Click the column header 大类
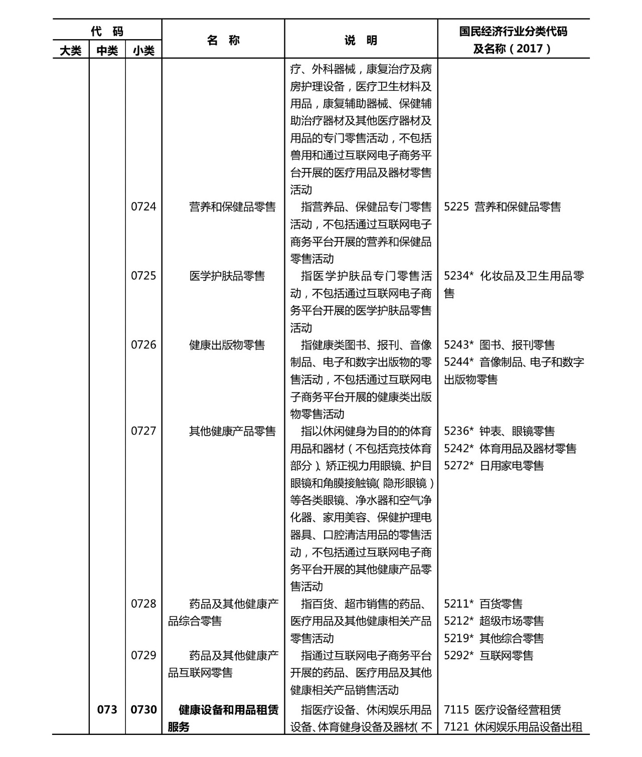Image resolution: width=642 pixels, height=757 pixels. (71, 51)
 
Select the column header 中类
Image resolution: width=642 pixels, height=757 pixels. (107, 51)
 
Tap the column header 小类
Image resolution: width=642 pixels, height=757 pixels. (143, 51)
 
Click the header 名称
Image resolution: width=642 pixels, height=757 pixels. (223, 40)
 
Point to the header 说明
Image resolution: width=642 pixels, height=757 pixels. (361, 40)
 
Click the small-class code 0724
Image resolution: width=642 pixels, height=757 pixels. (143, 207)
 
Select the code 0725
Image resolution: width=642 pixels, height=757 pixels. (143, 276)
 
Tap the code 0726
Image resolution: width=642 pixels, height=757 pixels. (143, 345)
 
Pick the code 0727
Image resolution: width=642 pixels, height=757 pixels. (143, 431)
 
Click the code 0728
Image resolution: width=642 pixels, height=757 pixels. (143, 604)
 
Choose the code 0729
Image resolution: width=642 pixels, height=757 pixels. (143, 655)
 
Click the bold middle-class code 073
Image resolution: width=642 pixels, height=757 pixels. (107, 710)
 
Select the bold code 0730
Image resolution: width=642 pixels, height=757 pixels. (143, 710)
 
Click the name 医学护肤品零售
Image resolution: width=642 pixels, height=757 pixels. (227, 276)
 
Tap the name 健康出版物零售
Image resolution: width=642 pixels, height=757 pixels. (227, 345)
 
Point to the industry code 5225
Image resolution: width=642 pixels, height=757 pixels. (456, 207)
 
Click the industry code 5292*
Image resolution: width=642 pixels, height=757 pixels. (458, 655)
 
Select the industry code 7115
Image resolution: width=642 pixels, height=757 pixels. (456, 710)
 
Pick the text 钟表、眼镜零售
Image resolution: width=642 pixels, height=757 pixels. (517, 431)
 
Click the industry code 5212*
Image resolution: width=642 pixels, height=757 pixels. (458, 621)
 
